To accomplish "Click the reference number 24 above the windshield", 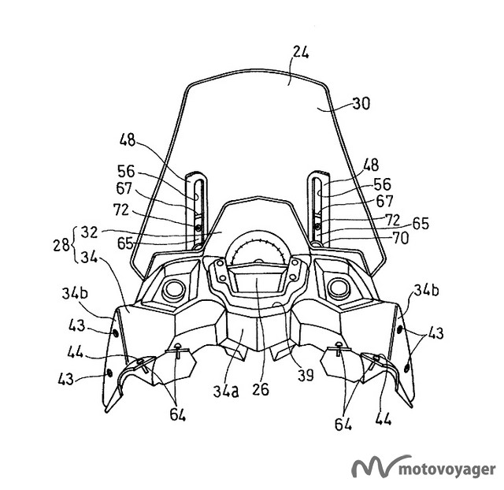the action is (x=301, y=53).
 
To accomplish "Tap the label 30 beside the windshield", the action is (x=361, y=103).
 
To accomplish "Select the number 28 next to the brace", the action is (x=61, y=245).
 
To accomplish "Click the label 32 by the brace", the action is (x=89, y=232).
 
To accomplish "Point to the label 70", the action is (x=401, y=238).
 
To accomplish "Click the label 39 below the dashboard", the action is (x=306, y=374).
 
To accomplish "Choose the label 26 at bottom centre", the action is (x=261, y=389).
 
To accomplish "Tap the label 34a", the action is (x=226, y=392).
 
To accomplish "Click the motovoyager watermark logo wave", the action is (x=381, y=466).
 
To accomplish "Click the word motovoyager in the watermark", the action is (x=447, y=470).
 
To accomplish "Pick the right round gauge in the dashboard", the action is (x=339, y=287).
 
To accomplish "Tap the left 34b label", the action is (x=75, y=294).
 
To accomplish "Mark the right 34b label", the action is (x=426, y=291).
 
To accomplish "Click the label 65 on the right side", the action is (x=421, y=224).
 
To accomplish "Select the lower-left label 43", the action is (x=66, y=379).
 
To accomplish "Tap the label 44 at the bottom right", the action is (x=384, y=419).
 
